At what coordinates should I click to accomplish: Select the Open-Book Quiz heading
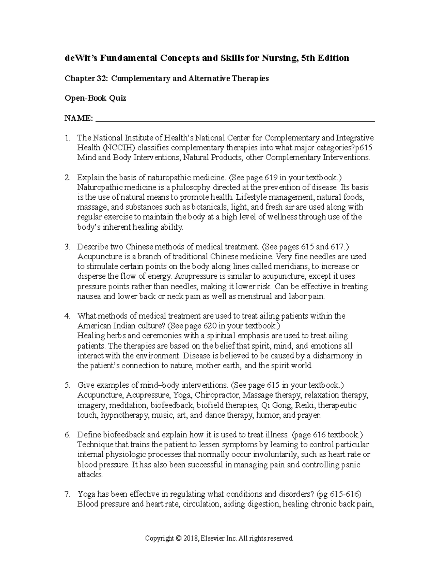95,98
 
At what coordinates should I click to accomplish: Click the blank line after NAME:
234,119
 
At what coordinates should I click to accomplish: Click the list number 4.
67,316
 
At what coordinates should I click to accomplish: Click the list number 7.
67,494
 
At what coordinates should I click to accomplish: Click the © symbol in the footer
178,538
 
